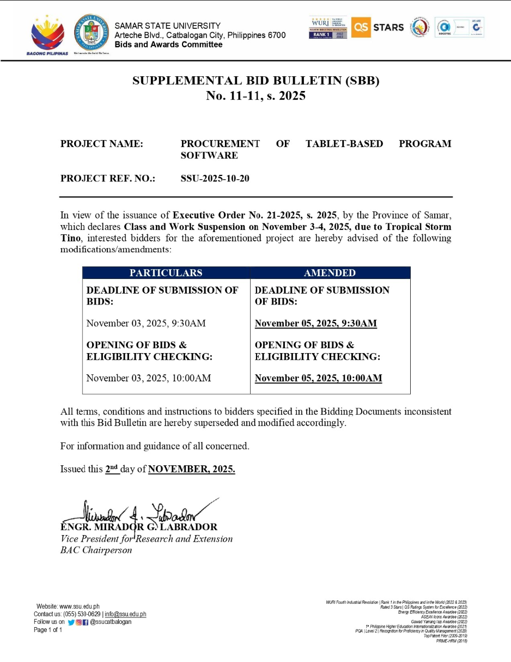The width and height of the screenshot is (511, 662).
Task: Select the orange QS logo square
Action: pos(361,27)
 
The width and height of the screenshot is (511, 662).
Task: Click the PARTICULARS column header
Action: pos(166,273)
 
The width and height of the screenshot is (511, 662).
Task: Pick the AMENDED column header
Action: pos(330,273)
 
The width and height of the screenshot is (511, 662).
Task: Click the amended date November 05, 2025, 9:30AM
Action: pos(315,324)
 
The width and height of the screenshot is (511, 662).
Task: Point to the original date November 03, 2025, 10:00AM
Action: pos(149,378)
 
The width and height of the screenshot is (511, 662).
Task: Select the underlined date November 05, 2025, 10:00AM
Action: pos(318,378)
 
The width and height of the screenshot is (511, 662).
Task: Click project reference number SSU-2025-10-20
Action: pos(215,178)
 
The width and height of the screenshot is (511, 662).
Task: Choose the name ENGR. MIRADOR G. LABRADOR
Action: pos(139,527)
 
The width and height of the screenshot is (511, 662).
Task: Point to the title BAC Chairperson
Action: pos(96,550)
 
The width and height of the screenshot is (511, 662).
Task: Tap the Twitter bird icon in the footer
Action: pos(71,622)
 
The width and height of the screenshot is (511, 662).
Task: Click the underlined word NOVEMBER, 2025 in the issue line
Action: pos(191,469)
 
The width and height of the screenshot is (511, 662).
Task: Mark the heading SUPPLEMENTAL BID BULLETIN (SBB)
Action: pos(255,81)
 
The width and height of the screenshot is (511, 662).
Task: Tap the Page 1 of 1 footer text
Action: pos(48,630)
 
